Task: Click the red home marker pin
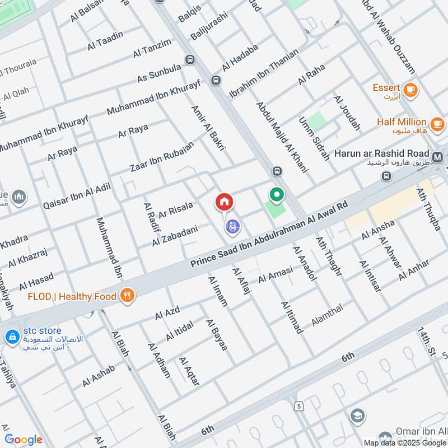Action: pyautogui.click(x=224, y=202)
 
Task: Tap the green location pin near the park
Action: pyautogui.click(x=276, y=195)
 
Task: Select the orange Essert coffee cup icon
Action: pyautogui.click(x=410, y=89)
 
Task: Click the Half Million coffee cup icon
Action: pyautogui.click(x=437, y=123)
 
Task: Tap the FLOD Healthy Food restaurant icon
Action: pyautogui.click(x=128, y=296)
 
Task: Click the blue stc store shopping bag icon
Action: pyautogui.click(x=11, y=337)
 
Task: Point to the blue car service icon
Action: pyautogui.click(x=232, y=227)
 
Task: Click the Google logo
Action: pyautogui.click(x=24, y=440)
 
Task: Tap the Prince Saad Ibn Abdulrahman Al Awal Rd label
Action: pyautogui.click(x=269, y=235)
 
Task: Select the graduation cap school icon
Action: pyautogui.click(x=357, y=416)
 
